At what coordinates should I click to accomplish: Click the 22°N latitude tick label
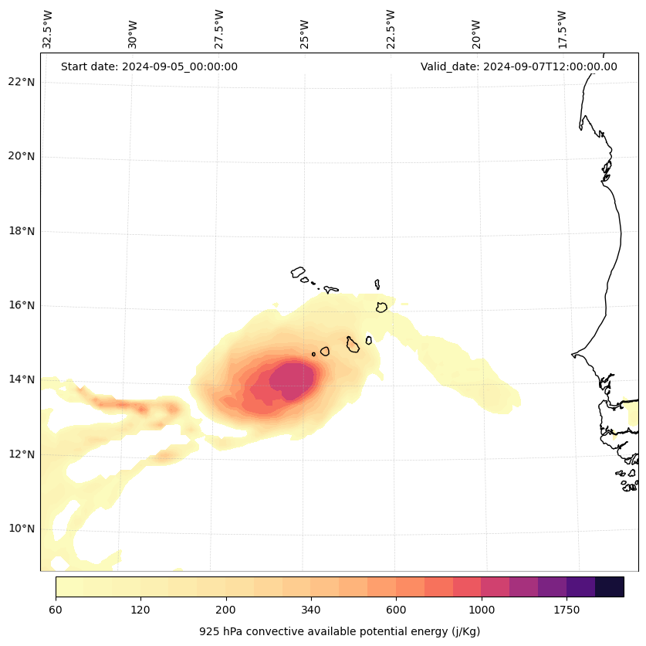[x=22, y=82]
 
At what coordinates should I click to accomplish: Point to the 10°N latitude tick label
[x=22, y=529]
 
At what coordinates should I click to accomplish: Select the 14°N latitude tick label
[x=22, y=379]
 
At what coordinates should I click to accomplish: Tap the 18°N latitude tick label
[x=22, y=231]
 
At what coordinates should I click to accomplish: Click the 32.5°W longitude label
[x=48, y=29]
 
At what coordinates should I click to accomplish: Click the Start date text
[x=149, y=66]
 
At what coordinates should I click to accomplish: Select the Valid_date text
[x=519, y=66]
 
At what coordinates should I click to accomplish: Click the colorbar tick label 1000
[x=481, y=610]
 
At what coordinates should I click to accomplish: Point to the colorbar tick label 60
[x=56, y=610]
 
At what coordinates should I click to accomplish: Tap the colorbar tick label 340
[x=311, y=610]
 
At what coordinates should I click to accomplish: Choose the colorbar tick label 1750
[x=567, y=610]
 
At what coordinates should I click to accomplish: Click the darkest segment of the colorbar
[x=609, y=586]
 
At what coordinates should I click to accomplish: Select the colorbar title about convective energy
[x=340, y=631]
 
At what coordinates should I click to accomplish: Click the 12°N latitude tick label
[x=22, y=454]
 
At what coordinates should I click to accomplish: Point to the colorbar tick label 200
[x=225, y=610]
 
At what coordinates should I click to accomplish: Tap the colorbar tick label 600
[x=396, y=610]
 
